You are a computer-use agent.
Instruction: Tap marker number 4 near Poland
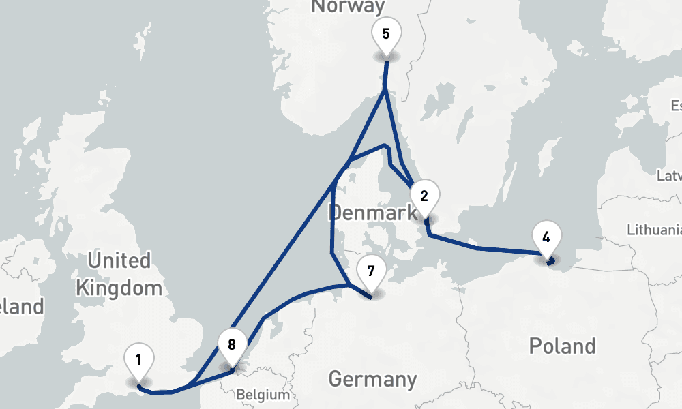click(x=546, y=237)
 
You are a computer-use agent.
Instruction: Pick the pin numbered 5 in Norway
click(x=386, y=33)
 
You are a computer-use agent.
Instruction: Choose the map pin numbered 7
click(x=370, y=271)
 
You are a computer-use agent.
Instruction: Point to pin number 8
click(x=232, y=345)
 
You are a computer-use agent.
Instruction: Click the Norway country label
click(x=347, y=7)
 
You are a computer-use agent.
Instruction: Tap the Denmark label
click(x=372, y=213)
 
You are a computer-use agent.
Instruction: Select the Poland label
click(x=562, y=346)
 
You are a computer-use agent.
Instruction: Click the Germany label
click(x=372, y=379)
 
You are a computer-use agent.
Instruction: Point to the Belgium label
click(x=263, y=395)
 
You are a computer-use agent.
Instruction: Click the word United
click(x=119, y=261)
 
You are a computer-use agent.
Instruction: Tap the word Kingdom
click(x=119, y=288)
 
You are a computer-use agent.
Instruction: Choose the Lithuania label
click(x=653, y=228)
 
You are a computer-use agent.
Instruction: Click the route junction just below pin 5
click(x=385, y=87)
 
